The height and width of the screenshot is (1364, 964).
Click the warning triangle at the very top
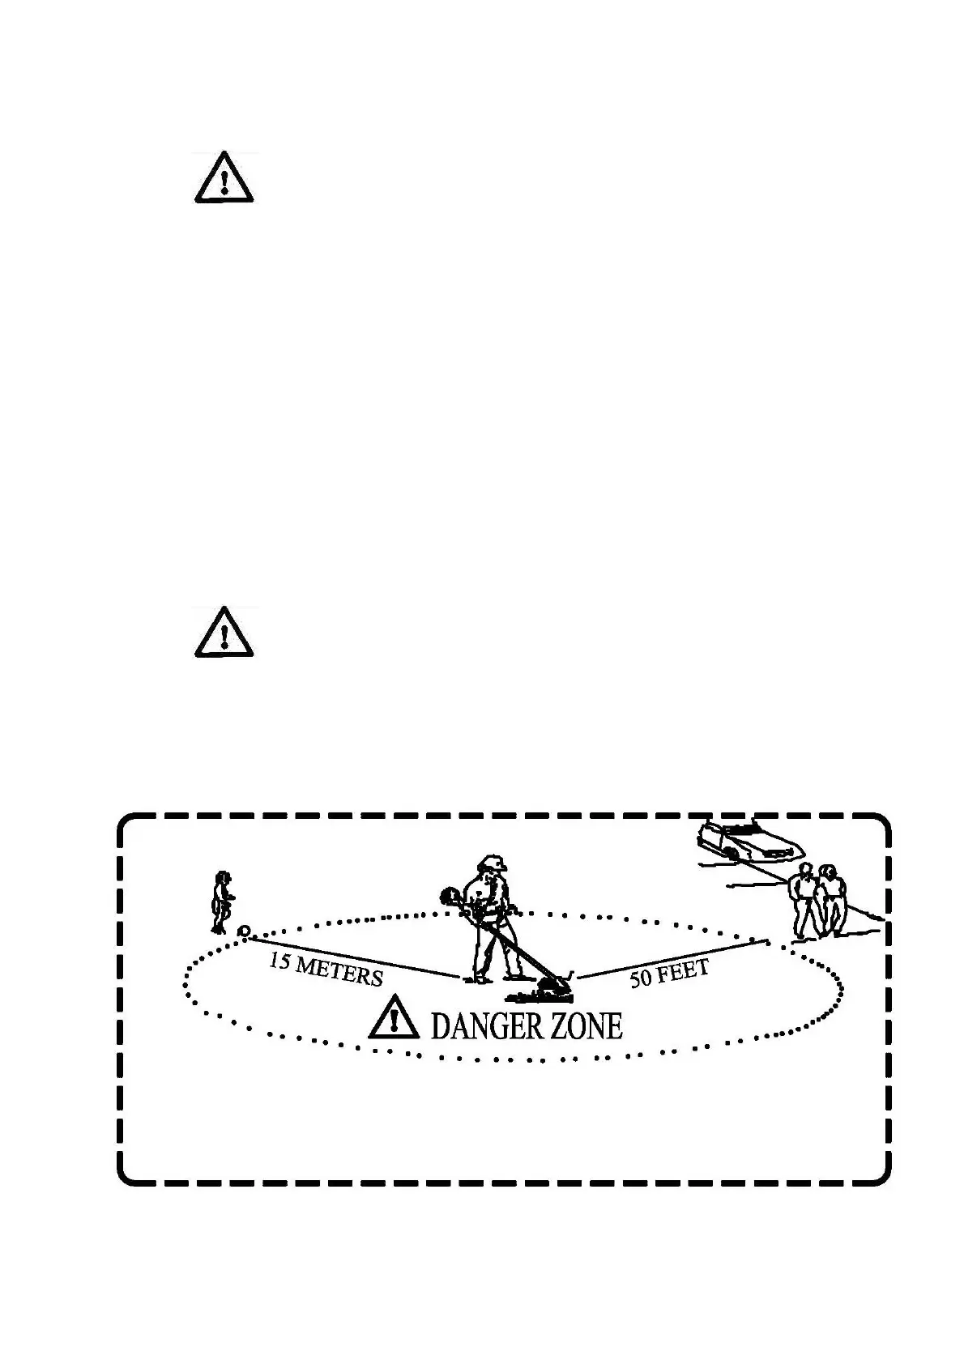click(x=224, y=178)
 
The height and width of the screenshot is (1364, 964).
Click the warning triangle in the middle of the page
click(x=224, y=633)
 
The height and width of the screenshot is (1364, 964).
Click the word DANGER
click(x=487, y=1026)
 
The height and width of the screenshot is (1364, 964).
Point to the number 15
click(x=280, y=961)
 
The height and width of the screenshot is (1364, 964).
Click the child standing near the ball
click(x=221, y=902)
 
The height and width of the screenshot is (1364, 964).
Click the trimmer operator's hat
click(x=491, y=863)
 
